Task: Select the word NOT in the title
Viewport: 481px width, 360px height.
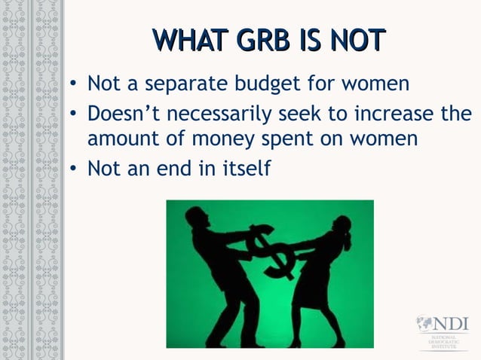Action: click(x=358, y=41)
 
